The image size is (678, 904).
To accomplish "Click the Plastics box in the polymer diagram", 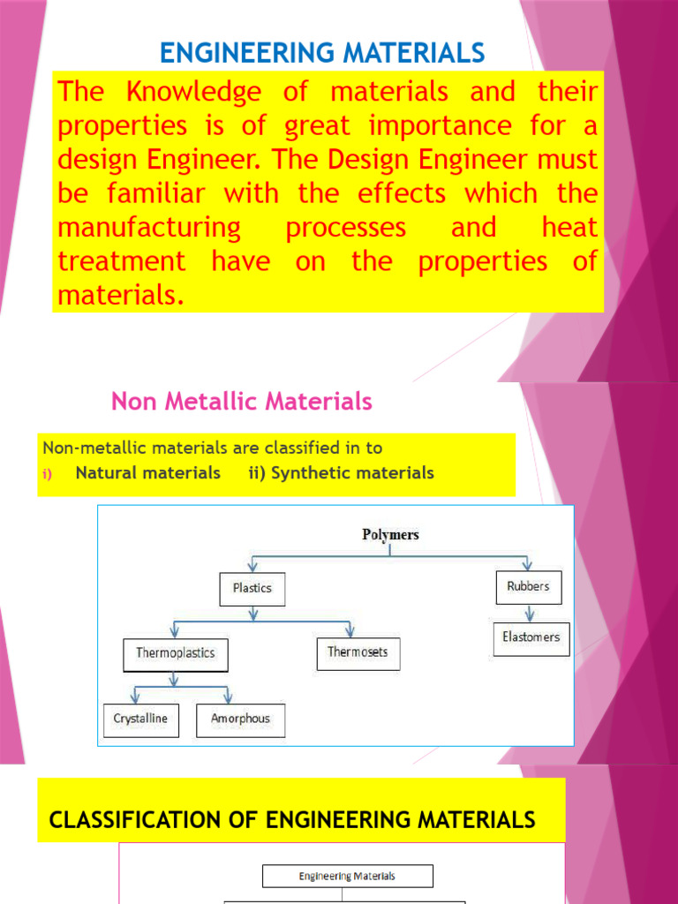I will (252, 589).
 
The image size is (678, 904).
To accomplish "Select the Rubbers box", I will (528, 587).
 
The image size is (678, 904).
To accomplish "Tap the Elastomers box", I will (531, 637).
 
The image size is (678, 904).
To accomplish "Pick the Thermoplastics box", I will (175, 654).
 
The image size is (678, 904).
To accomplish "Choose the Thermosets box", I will (358, 653).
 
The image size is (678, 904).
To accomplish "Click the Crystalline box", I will (141, 719).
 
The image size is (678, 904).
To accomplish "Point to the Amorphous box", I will (240, 719).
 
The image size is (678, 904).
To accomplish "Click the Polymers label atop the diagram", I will (390, 534).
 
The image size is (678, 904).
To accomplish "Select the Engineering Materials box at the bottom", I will (347, 876).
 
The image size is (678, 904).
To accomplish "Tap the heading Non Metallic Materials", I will (241, 402).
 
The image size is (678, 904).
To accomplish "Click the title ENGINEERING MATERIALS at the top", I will (322, 53).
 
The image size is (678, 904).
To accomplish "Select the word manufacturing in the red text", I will (148, 228).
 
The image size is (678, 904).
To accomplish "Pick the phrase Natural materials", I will (147, 473).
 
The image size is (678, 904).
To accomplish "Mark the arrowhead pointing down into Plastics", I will (252, 567).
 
